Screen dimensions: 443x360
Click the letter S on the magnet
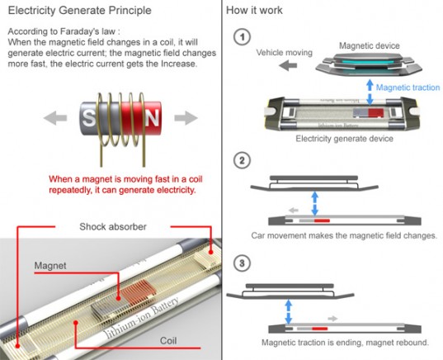click(x=89, y=118)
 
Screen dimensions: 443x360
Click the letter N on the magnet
click(x=153, y=117)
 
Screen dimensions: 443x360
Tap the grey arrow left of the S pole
click(x=55, y=117)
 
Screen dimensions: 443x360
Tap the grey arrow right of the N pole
click(x=186, y=117)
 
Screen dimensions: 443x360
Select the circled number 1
click(x=243, y=37)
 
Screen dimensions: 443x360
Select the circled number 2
click(x=243, y=161)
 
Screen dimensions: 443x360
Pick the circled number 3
click(x=243, y=263)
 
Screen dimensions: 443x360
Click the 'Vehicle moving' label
click(x=285, y=53)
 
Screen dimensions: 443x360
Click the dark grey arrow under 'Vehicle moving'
click(x=288, y=66)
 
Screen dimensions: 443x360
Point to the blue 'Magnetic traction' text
click(x=408, y=88)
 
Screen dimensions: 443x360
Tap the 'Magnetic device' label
click(x=370, y=45)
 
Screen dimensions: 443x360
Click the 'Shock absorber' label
click(x=113, y=226)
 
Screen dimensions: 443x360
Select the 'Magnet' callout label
click(x=50, y=266)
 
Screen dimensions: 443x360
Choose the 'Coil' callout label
click(x=168, y=340)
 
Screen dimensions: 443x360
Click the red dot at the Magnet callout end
click(x=118, y=298)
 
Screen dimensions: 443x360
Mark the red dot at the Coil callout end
click(x=75, y=323)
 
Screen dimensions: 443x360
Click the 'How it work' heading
click(x=254, y=10)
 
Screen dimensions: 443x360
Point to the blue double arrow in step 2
click(x=315, y=203)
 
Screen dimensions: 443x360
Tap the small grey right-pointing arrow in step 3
click(x=332, y=319)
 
